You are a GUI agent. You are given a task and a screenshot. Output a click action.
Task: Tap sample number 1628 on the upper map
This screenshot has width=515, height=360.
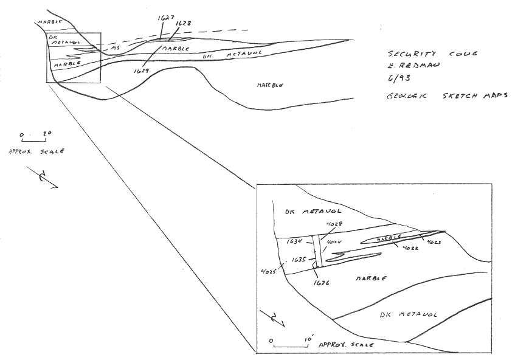[x=182, y=24]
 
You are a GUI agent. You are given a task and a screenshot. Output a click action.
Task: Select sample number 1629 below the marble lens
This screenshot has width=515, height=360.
[x=141, y=72]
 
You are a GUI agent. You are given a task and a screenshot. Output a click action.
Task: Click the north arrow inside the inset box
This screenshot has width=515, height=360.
[x=274, y=318]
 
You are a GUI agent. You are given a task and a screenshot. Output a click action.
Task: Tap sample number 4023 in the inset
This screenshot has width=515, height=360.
[x=434, y=243]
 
